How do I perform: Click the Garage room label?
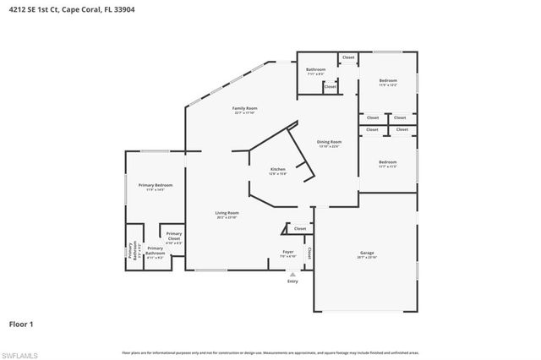point(366,253)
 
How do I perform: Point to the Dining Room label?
point(329,143)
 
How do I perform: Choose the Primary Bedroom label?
point(156,186)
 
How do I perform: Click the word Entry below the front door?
point(292,281)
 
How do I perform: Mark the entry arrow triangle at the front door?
point(292,273)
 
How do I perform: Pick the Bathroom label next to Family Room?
point(315,70)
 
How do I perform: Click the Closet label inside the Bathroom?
point(330,86)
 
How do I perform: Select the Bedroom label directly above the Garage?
point(387,164)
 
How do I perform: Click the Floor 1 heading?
point(22,323)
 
